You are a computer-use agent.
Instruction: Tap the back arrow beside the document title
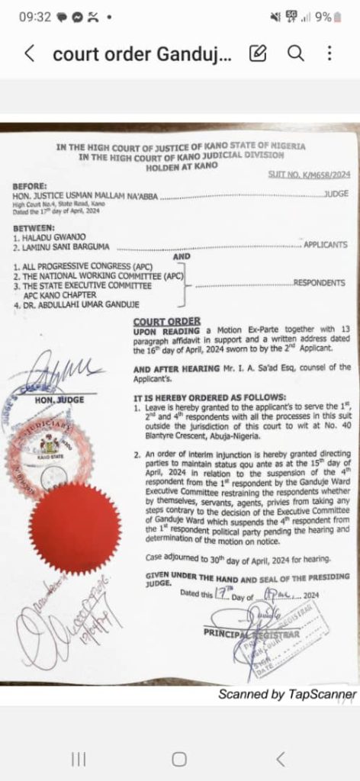29,53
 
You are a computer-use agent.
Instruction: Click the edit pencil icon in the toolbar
259,53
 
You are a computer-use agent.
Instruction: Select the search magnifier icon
295,53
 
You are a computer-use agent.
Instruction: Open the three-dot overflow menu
329,53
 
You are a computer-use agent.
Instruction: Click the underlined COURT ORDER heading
167,321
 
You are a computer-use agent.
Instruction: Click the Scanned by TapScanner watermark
287,694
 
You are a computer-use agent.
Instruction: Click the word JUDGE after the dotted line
336,194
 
